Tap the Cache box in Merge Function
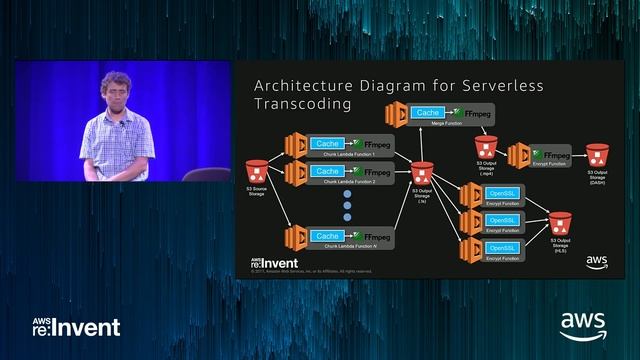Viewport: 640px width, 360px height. [427, 113]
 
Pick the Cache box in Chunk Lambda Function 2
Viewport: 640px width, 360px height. [327, 172]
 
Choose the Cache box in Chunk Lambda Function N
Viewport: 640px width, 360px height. [327, 236]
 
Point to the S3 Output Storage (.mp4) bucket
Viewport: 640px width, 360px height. [485, 146]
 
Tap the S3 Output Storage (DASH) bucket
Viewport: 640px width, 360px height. [597, 155]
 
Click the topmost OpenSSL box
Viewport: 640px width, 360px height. [500, 193]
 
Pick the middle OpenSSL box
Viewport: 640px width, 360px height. [500, 220]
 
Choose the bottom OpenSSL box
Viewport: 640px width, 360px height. [500, 247]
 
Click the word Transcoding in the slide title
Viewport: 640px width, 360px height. [302, 103]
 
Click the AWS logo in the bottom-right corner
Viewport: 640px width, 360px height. [582, 326]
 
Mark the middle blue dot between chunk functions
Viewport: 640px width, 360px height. [349, 207]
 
